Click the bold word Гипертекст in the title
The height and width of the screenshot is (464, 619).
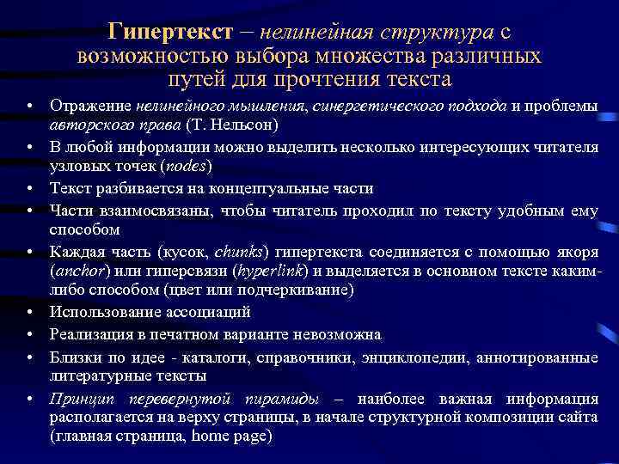tap(170, 32)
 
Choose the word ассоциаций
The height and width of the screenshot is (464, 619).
tap(211, 313)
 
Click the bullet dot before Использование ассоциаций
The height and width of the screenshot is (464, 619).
tap(30, 313)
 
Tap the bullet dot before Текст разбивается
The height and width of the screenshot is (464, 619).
tap(30, 187)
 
